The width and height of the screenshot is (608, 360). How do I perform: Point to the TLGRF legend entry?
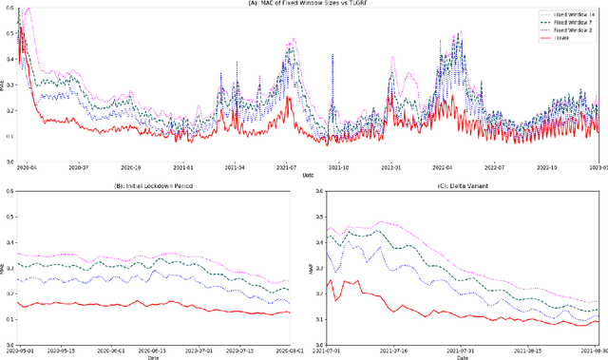[x=569, y=41]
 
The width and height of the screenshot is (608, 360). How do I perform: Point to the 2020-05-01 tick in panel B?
[x=22, y=351]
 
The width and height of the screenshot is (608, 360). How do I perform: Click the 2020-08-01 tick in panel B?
[x=276, y=351]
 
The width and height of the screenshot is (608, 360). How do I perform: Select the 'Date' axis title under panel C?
[x=461, y=358]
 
